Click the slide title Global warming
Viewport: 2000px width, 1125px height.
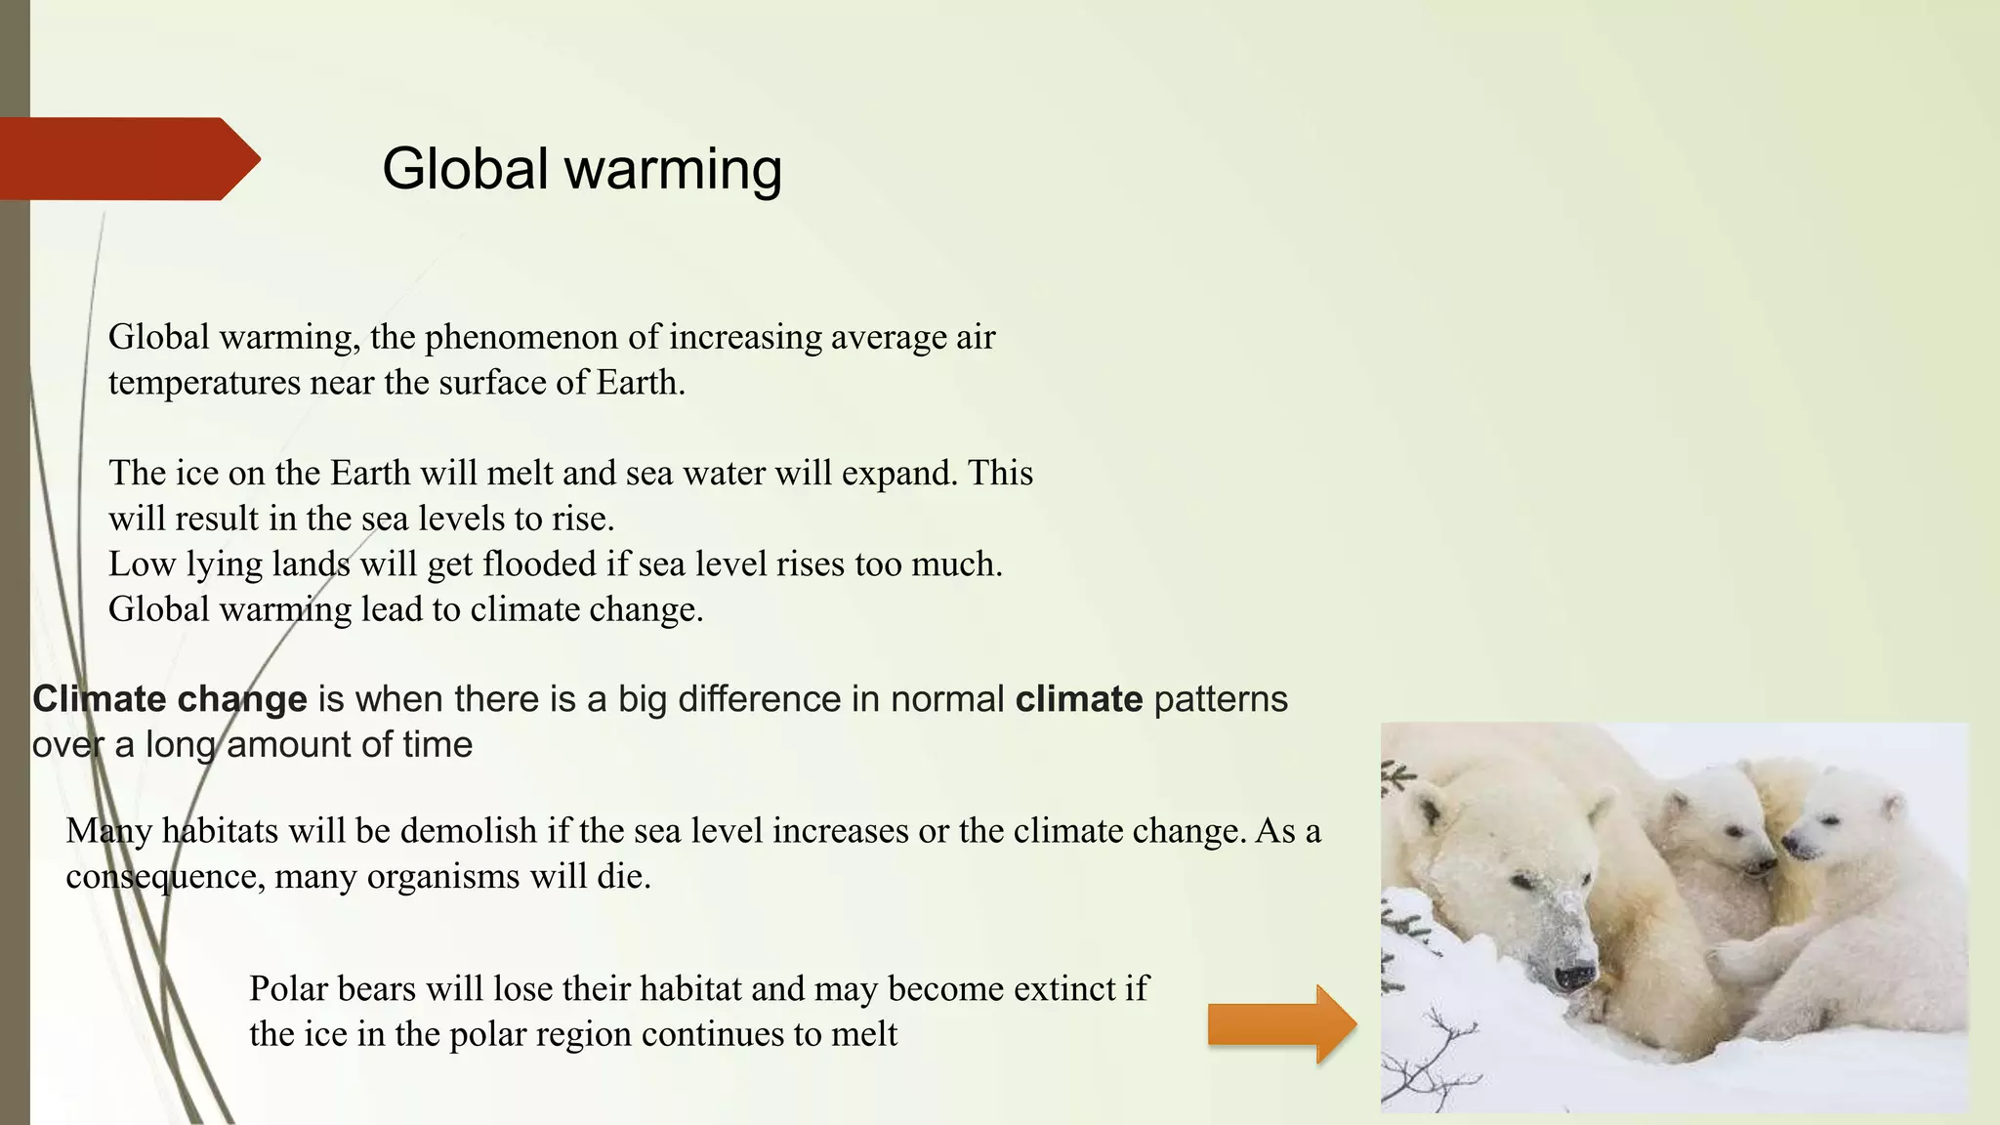(582, 168)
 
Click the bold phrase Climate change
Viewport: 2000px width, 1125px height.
(170, 699)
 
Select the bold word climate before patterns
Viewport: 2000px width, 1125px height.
(1078, 699)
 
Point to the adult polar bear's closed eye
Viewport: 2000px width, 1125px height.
(1524, 882)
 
